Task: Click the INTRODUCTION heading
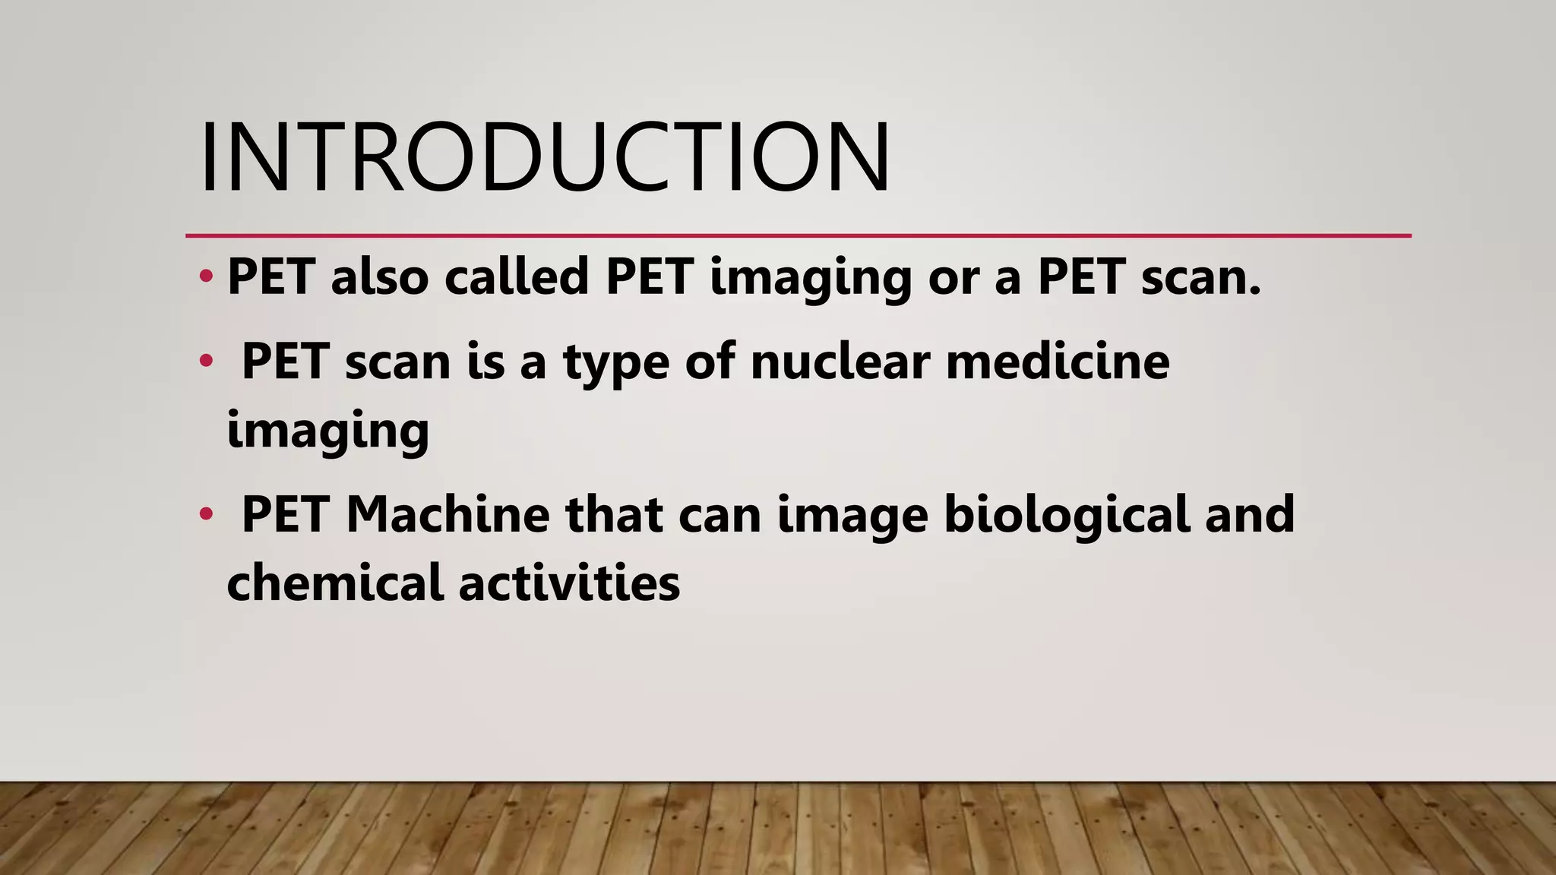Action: click(544, 157)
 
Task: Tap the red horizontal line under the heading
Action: click(798, 236)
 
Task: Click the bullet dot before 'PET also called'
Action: click(205, 276)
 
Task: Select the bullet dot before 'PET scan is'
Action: click(205, 361)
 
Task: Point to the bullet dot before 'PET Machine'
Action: click(205, 514)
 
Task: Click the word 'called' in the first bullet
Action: click(517, 276)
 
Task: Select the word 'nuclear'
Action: click(840, 361)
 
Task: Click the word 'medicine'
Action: click(1058, 361)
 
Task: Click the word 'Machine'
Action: click(448, 514)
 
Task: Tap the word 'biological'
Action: click(1065, 514)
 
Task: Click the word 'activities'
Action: click(569, 583)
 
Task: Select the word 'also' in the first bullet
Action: click(379, 276)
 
